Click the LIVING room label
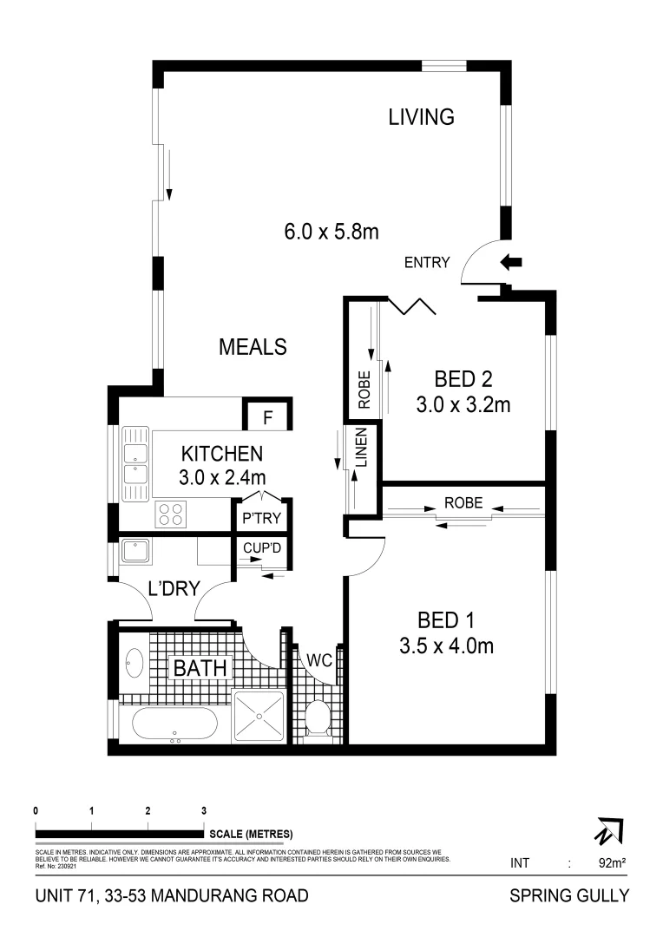pyautogui.click(x=421, y=116)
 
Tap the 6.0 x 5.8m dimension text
pyautogui.click(x=331, y=232)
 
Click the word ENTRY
pyautogui.click(x=427, y=263)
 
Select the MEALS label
pyautogui.click(x=253, y=347)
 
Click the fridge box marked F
pyautogui.click(x=268, y=417)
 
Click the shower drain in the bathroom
pyautogui.click(x=259, y=717)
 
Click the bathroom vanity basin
pyautogui.click(x=135, y=664)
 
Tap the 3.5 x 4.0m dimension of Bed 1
pyautogui.click(x=446, y=645)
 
